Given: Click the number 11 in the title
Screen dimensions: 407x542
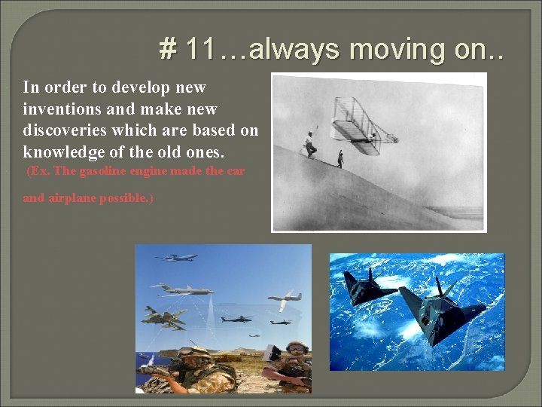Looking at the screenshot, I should (x=200, y=50).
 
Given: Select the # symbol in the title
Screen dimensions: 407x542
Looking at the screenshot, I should (x=167, y=50).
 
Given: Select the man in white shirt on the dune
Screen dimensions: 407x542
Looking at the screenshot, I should (x=309, y=144).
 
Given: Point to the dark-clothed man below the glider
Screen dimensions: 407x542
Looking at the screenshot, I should (x=340, y=159).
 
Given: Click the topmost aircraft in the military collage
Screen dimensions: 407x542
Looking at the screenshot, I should (x=176, y=258).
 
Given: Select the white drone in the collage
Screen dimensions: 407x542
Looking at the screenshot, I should (x=284, y=298).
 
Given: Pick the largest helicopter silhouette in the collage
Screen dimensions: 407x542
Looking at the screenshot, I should (x=236, y=319).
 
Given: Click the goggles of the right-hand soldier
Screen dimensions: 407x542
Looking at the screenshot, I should (x=297, y=347).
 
